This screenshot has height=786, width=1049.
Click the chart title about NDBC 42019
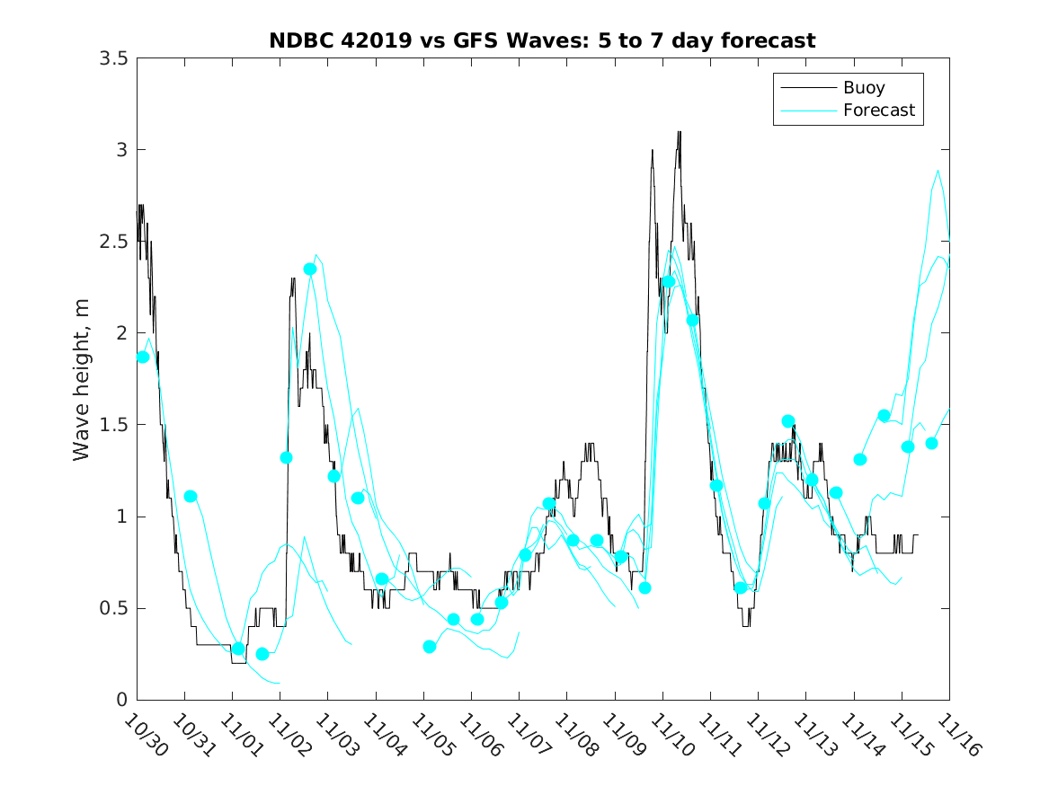click(x=542, y=41)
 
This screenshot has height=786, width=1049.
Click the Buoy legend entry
click(x=863, y=88)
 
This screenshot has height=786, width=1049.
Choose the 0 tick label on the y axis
click(x=121, y=700)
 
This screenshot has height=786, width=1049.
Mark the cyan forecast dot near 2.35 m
click(x=310, y=269)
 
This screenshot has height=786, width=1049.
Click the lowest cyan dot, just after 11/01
click(x=262, y=654)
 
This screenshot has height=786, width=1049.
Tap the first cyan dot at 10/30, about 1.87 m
click(x=143, y=357)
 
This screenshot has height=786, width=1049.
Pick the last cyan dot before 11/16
click(x=931, y=443)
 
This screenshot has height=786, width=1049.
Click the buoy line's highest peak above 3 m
click(x=679, y=132)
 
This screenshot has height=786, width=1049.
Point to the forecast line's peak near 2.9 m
click(x=938, y=171)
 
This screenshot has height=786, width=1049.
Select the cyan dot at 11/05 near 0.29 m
click(x=430, y=647)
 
